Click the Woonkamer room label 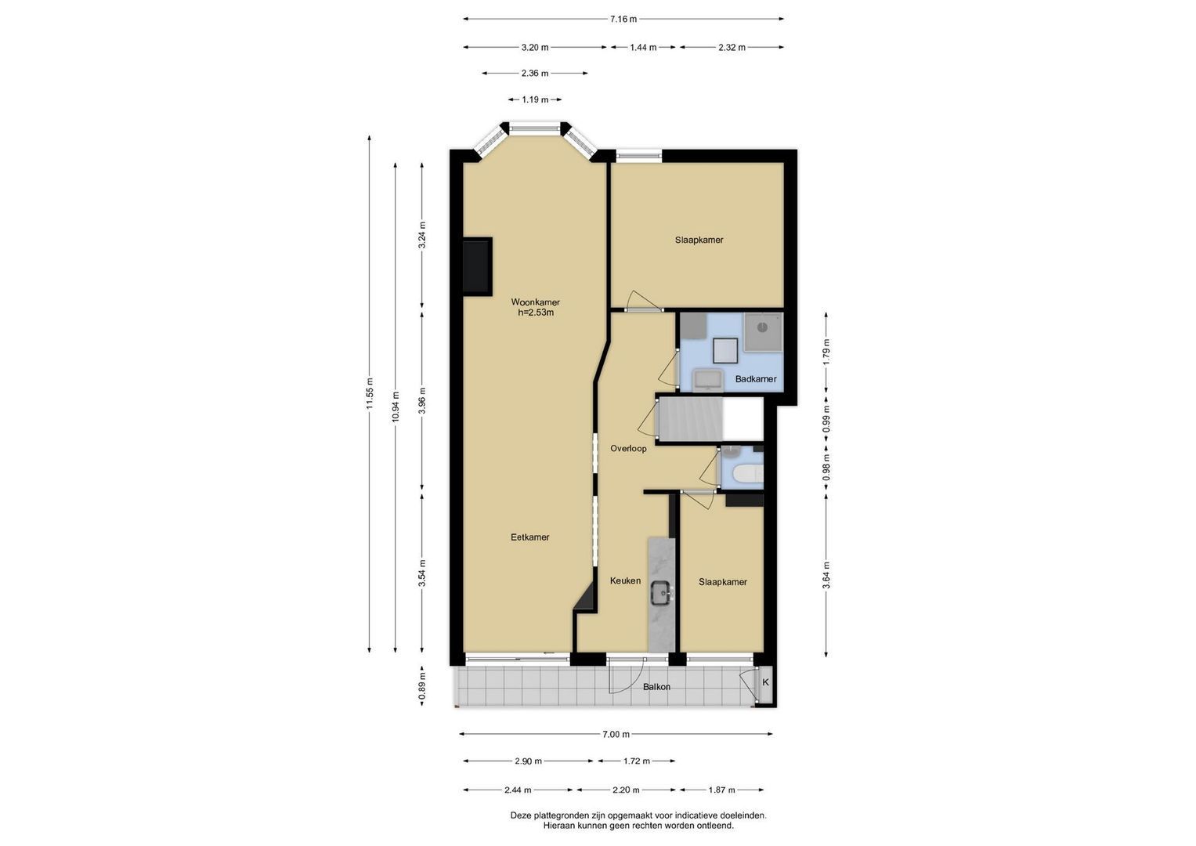coord(535,302)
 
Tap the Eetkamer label coord(529,537)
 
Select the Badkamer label coord(756,379)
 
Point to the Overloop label coord(628,449)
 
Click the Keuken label coord(625,580)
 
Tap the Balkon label coord(656,687)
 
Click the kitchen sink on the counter coord(662,593)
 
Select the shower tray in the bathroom coord(764,332)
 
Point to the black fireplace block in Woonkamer coord(477,266)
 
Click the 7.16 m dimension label coord(623,20)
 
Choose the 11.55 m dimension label coord(370,394)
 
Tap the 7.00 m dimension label coord(616,735)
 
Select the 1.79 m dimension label coord(826,352)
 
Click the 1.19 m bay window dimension coord(535,100)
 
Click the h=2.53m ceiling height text coord(536,313)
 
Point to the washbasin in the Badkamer coord(707,380)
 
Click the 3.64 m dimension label coord(826,575)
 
